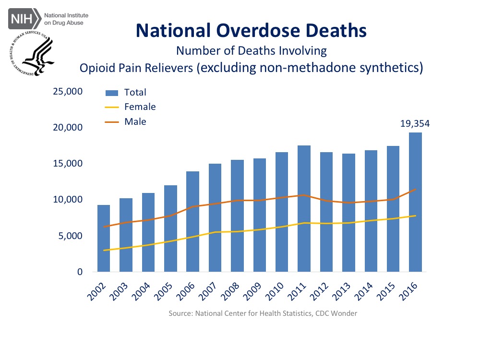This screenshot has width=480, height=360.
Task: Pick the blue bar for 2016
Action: click(415, 202)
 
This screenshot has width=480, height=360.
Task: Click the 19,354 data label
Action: click(415, 123)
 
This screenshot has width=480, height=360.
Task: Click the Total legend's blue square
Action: click(111, 92)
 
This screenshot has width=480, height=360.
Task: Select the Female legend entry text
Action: click(140, 107)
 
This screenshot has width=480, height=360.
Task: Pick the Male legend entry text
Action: click(135, 122)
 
